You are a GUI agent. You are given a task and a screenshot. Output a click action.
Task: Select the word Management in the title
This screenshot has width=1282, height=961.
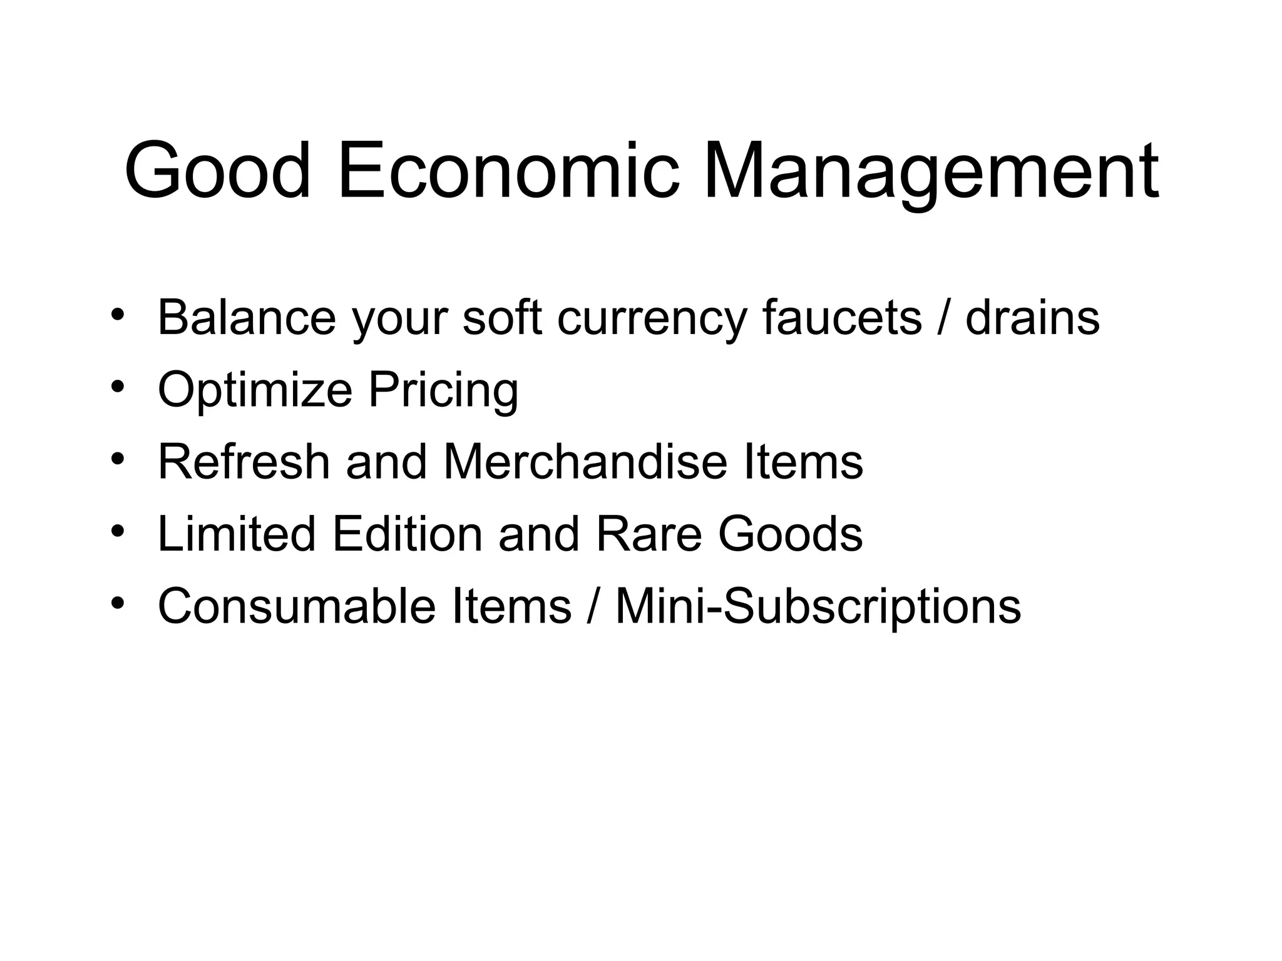pyautogui.click(x=931, y=172)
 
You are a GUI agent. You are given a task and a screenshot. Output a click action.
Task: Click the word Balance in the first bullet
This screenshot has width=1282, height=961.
pyautogui.click(x=247, y=317)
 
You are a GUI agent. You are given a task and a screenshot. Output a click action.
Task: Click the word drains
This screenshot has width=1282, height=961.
pyautogui.click(x=1032, y=317)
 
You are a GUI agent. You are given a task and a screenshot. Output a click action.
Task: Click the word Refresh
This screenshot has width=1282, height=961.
pyautogui.click(x=244, y=462)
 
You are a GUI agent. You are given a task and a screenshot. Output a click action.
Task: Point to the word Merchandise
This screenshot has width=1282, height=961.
pyautogui.click(x=585, y=462)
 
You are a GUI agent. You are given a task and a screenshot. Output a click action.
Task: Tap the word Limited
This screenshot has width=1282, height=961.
pyautogui.click(x=237, y=534)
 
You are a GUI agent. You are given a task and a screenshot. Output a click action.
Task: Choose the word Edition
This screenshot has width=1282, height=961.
pyautogui.click(x=408, y=534)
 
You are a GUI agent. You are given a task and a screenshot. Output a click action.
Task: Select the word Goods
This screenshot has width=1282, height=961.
pyautogui.click(x=790, y=534)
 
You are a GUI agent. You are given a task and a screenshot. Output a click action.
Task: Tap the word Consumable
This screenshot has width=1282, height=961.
pyautogui.click(x=296, y=606)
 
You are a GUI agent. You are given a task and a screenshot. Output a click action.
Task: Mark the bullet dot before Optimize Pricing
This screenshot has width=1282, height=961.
pyautogui.click(x=116, y=387)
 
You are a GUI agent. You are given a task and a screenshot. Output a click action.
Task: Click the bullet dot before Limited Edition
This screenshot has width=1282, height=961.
pyautogui.click(x=116, y=531)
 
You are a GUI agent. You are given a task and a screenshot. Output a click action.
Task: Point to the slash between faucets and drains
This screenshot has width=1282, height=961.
pyautogui.click(x=943, y=317)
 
